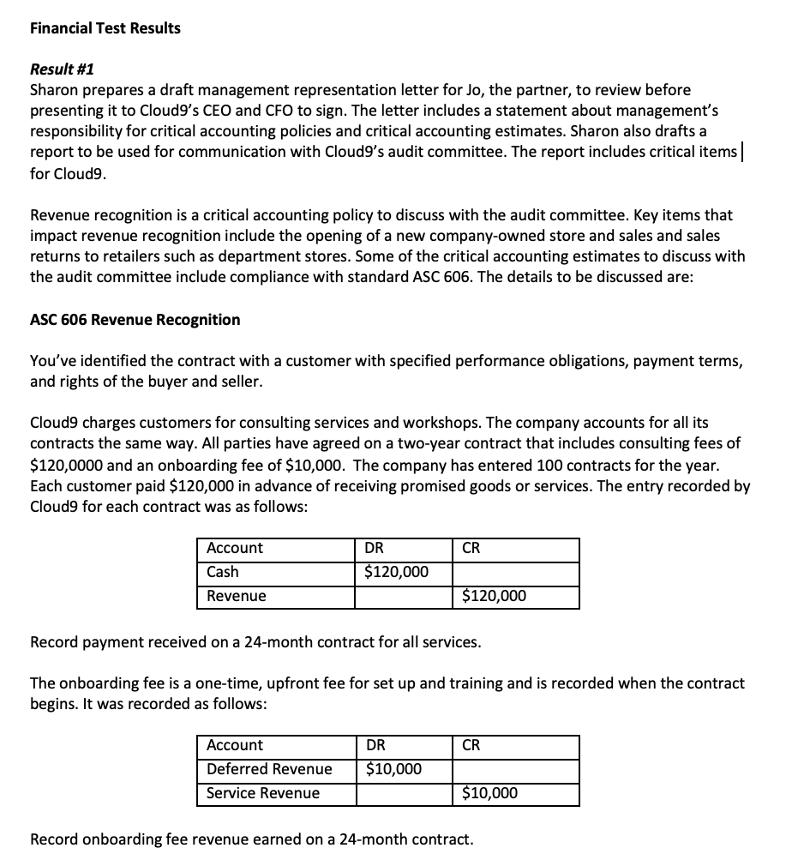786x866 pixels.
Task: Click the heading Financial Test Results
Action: click(x=105, y=28)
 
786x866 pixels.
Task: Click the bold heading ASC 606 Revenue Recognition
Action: click(x=135, y=320)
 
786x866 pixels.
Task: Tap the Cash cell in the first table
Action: click(x=223, y=572)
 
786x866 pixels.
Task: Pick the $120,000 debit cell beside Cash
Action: click(x=396, y=572)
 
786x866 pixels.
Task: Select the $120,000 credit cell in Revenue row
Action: click(x=494, y=596)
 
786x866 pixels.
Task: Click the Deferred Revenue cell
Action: click(x=269, y=769)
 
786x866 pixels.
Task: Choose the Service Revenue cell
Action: click(x=263, y=793)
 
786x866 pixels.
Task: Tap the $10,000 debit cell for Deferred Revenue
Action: click(x=393, y=769)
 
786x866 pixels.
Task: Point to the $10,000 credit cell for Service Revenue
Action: click(x=489, y=793)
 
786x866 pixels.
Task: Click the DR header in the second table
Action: click(x=375, y=745)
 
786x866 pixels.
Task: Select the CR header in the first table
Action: click(x=471, y=548)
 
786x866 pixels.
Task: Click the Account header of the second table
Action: click(x=235, y=745)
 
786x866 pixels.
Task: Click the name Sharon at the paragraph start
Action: click(x=52, y=90)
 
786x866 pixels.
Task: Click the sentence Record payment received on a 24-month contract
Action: click(x=255, y=641)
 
